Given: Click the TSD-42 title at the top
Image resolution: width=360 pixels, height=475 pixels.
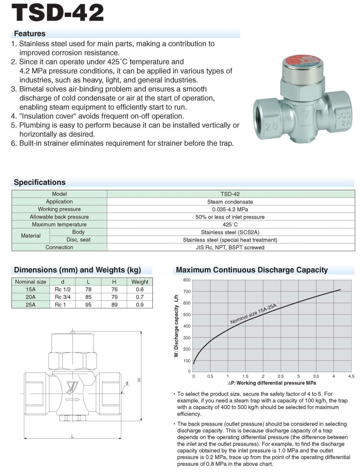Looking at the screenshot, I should pos(58,13).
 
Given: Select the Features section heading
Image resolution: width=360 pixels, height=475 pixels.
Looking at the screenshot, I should pos(30,34).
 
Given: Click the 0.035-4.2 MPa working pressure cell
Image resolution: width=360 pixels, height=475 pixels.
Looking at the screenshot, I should pos(230,209).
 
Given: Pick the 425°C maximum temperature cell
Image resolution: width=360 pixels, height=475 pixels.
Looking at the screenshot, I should pos(230,224).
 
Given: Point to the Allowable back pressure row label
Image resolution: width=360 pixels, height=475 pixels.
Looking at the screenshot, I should pos(59,217).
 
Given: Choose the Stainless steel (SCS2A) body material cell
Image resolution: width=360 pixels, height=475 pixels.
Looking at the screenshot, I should pos(230,232).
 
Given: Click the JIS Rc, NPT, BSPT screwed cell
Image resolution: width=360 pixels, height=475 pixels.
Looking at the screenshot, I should pos(230,247).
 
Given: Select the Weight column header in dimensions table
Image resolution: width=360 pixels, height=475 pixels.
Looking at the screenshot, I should pos(140,282).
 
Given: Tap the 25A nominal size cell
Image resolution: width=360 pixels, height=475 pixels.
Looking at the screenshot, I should pos(30,304).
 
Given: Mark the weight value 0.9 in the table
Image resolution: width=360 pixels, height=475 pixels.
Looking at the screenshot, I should pos(140,304).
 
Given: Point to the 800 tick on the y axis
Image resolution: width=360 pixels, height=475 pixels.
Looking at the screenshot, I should pos(187,280).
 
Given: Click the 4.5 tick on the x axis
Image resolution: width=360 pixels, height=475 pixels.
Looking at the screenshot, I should pos(351,376).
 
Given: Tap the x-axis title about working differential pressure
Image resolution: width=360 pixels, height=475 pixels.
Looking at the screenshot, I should pos(272,383).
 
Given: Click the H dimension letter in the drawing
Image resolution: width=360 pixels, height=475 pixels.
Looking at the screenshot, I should pos(139,380).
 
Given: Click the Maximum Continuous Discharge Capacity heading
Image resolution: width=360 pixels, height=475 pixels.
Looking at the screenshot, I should pos(252,270).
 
